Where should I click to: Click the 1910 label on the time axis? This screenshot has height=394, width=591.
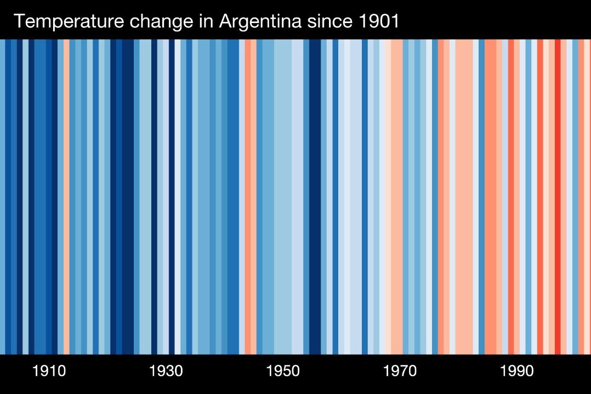click(x=49, y=372)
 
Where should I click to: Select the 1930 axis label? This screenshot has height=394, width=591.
click(x=166, y=372)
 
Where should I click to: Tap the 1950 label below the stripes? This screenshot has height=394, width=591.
click(x=283, y=372)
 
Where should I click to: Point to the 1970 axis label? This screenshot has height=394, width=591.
click(x=400, y=372)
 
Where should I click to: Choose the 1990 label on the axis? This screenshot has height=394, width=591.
click(x=516, y=372)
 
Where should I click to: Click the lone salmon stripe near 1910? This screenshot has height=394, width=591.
click(x=66, y=197)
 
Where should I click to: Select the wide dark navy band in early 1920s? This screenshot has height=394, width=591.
click(x=128, y=197)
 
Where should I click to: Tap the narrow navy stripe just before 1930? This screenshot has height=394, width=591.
click(x=154, y=197)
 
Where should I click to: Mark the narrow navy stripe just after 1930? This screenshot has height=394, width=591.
click(x=172, y=197)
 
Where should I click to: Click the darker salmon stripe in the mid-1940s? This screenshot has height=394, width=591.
click(x=248, y=197)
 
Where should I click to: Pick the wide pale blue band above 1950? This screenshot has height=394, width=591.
click(x=283, y=197)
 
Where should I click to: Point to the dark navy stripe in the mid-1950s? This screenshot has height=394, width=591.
click(x=315, y=197)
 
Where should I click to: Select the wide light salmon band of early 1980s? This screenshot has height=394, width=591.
click(x=464, y=197)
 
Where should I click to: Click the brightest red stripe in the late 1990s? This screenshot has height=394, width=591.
click(x=558, y=197)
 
